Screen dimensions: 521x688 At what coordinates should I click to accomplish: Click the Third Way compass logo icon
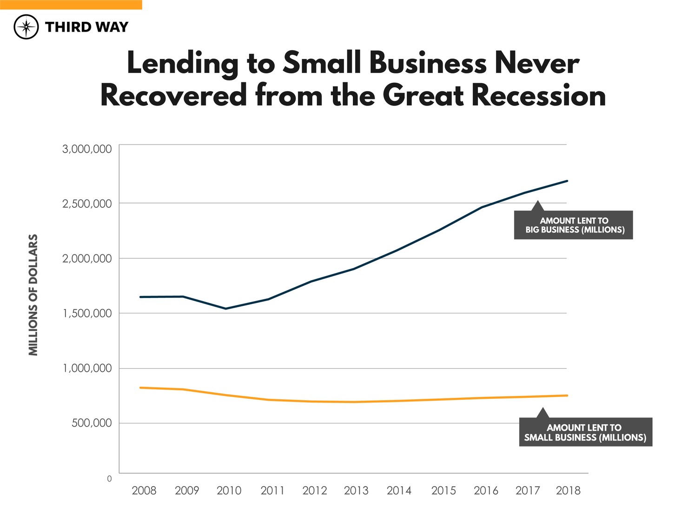(26, 26)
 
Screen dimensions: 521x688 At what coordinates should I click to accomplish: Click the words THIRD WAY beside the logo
(86, 27)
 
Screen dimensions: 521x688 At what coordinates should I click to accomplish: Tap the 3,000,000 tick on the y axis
(87, 149)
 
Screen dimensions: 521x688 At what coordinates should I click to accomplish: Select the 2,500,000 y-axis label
(87, 204)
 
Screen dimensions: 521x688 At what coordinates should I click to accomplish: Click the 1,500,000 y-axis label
(87, 313)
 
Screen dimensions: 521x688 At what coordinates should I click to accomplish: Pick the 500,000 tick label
(92, 423)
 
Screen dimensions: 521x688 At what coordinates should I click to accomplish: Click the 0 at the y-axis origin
(109, 479)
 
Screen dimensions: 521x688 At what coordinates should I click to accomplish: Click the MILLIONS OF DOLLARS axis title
(33, 295)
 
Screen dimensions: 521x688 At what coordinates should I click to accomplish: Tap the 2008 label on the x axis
(144, 490)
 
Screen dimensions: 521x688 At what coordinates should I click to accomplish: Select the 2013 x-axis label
(356, 490)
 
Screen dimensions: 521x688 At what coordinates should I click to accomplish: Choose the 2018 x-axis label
(568, 490)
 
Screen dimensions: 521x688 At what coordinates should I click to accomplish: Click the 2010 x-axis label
(229, 490)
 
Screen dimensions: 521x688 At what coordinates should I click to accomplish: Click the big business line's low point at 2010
(226, 309)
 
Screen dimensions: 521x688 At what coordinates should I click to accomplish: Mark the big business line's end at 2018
(567, 181)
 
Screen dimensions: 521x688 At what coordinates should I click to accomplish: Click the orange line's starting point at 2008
(140, 388)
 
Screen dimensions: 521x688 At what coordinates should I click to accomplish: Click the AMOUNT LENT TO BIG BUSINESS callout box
(573, 225)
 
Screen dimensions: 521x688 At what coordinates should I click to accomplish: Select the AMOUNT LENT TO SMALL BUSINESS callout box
(585, 432)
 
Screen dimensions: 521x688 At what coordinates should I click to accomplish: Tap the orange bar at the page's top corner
(71, 5)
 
